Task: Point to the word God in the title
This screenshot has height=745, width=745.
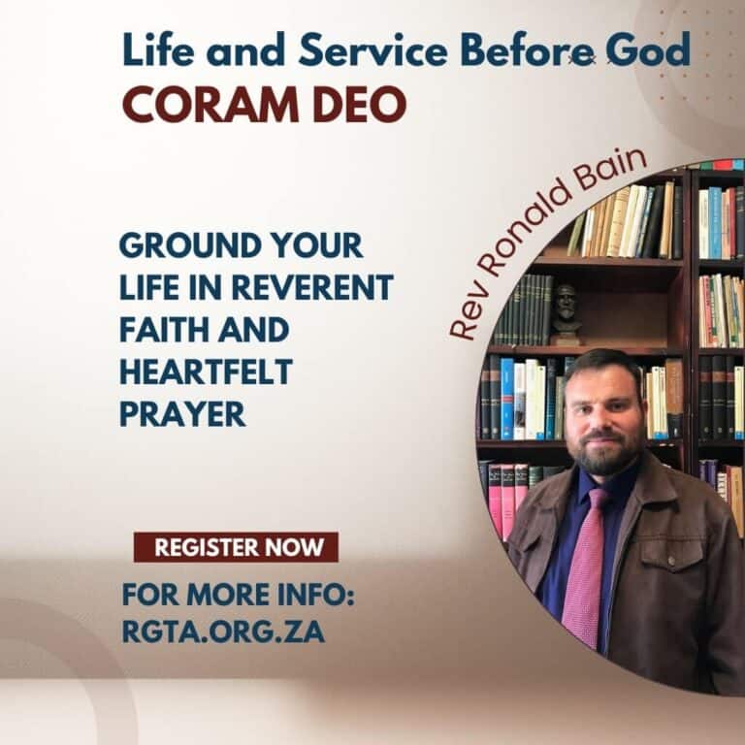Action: click(x=648, y=51)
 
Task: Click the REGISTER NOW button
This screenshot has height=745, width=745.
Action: click(x=236, y=547)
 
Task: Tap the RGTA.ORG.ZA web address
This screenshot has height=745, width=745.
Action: click(x=223, y=632)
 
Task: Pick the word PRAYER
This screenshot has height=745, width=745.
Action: click(x=182, y=414)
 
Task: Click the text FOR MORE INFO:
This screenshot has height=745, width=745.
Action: click(x=238, y=593)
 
